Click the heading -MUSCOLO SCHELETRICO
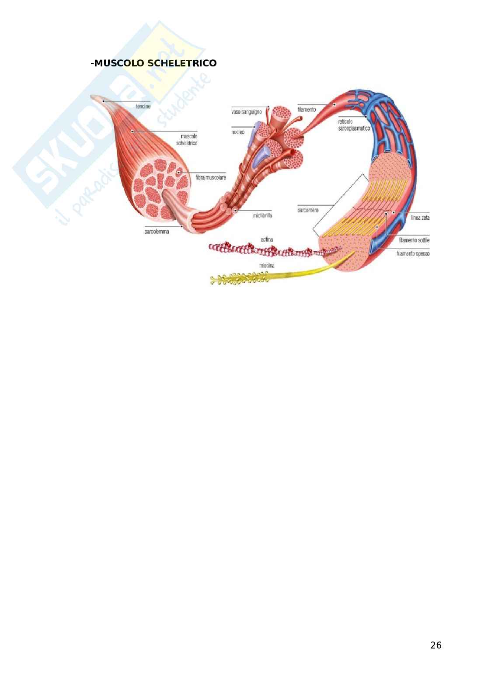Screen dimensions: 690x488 (x=153, y=63)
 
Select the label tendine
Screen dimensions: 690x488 (x=143, y=106)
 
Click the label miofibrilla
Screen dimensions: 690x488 (x=262, y=215)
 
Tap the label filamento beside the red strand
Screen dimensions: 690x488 (x=306, y=110)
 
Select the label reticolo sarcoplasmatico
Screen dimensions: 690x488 (x=354, y=125)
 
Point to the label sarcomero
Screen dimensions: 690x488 (x=307, y=210)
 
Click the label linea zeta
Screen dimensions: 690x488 (x=420, y=218)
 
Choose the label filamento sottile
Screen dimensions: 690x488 (x=414, y=240)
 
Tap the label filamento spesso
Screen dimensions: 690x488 (x=413, y=253)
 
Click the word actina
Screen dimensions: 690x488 (x=267, y=239)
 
